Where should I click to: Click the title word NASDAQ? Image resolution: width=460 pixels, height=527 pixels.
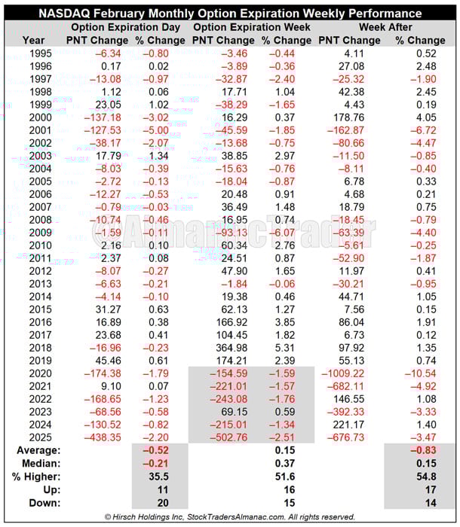pos(72,14)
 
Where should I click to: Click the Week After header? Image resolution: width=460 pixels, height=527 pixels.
pos(381,27)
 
